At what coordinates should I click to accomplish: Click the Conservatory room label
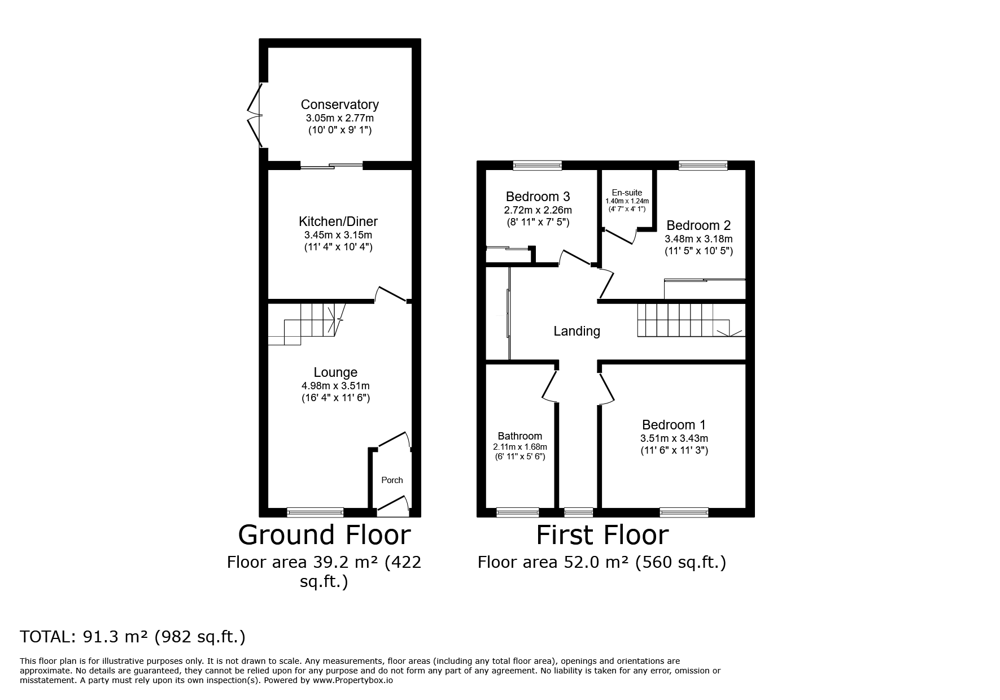(339, 105)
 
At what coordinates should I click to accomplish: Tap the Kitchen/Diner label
(338, 221)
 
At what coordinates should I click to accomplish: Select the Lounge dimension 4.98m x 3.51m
(335, 386)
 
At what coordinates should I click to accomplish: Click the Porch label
(392, 480)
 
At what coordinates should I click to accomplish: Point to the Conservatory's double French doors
(256, 115)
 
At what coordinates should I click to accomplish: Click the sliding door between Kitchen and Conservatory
(331, 166)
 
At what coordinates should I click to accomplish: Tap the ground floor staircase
(305, 323)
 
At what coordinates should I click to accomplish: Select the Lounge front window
(315, 512)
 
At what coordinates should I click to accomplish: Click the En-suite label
(627, 193)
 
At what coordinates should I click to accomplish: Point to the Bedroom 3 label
(538, 197)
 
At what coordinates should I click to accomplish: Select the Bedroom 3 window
(538, 165)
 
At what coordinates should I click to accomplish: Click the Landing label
(577, 331)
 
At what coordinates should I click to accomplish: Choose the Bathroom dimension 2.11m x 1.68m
(520, 447)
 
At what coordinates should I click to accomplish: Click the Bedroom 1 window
(684, 512)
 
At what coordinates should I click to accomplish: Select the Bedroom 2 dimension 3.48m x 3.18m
(698, 239)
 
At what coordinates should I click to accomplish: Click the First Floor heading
(602, 534)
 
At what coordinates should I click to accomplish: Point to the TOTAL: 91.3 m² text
(133, 637)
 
